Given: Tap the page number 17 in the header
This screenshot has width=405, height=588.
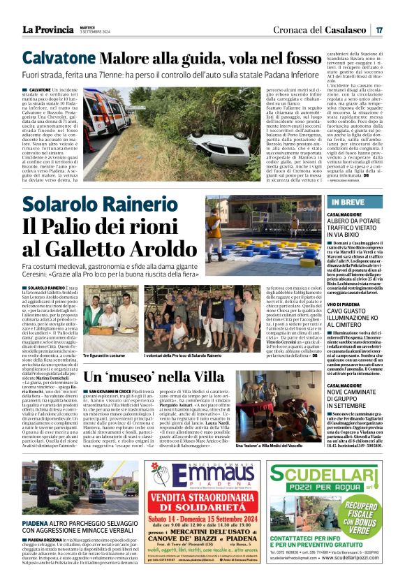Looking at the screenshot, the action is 378,29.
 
